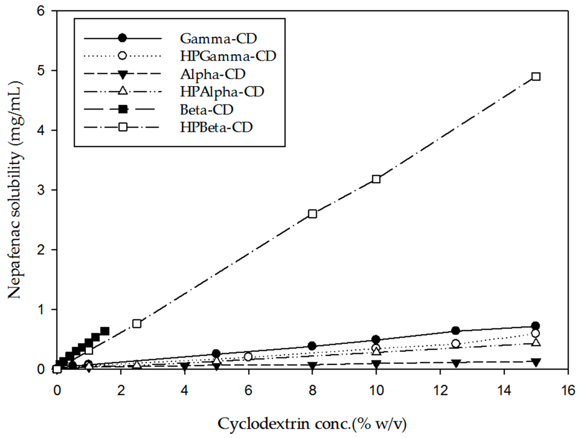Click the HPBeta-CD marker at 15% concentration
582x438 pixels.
[536, 76]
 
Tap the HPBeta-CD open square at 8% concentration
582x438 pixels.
[312, 214]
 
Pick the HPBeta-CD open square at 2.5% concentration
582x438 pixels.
[137, 324]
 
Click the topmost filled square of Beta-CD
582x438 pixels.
[105, 331]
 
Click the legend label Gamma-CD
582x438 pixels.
[218, 39]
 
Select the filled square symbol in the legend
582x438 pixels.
[123, 109]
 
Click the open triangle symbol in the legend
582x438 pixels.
[123, 91]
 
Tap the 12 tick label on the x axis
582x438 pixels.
[440, 390]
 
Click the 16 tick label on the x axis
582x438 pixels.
[568, 390]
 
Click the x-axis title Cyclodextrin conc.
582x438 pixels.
[312, 424]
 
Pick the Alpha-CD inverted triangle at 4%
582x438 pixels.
[185, 366]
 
